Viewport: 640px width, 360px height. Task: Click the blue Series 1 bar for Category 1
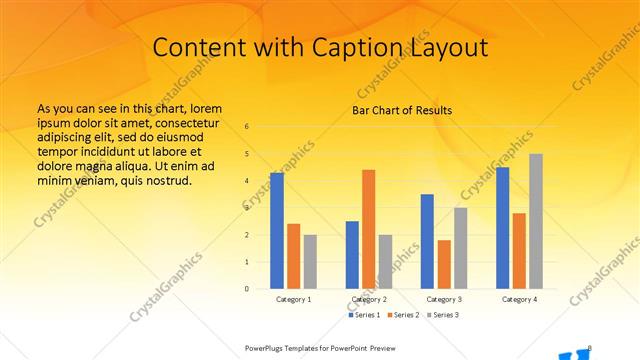[x=277, y=231]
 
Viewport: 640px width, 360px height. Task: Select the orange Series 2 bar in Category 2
[x=368, y=229]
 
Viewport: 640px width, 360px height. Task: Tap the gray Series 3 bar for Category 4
[x=536, y=221]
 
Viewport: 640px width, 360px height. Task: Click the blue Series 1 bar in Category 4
[x=502, y=228]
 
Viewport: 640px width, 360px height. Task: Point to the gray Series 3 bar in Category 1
[x=310, y=262]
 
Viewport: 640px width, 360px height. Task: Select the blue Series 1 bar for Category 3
[x=427, y=241]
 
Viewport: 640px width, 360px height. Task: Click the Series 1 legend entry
[x=366, y=314]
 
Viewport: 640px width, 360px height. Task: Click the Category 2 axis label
[x=369, y=299]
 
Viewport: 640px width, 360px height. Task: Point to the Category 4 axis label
[x=519, y=299]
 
